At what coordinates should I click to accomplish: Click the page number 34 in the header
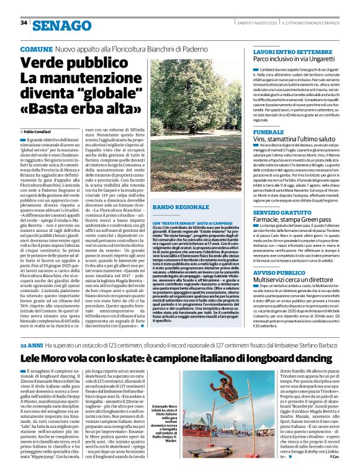24,22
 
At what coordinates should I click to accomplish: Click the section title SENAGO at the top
60,25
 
